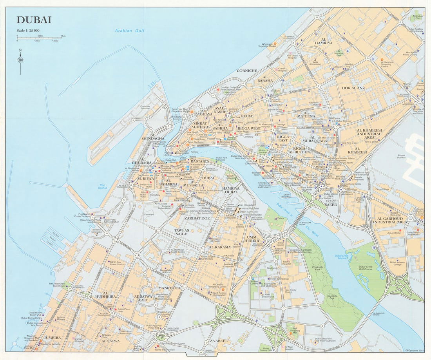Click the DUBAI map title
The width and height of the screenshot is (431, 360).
click(34, 20)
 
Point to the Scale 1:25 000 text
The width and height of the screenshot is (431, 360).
click(28, 31)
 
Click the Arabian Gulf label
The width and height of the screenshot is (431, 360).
click(124, 31)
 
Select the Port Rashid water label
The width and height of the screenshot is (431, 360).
click(103, 187)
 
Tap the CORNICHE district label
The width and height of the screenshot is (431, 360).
click(247, 71)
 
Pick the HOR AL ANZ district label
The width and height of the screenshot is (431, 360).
click(353, 88)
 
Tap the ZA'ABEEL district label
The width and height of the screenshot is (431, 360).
click(218, 341)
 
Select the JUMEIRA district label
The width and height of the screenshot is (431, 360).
click(52, 337)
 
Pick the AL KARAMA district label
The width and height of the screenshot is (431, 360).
click(220, 247)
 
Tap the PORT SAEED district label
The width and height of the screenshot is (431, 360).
click(329, 202)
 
